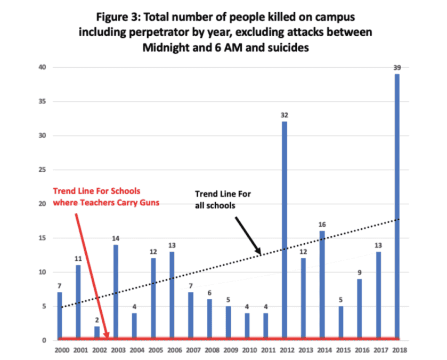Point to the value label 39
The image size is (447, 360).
[397, 68]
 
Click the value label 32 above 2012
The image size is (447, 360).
[285, 115]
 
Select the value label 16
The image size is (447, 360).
[322, 225]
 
